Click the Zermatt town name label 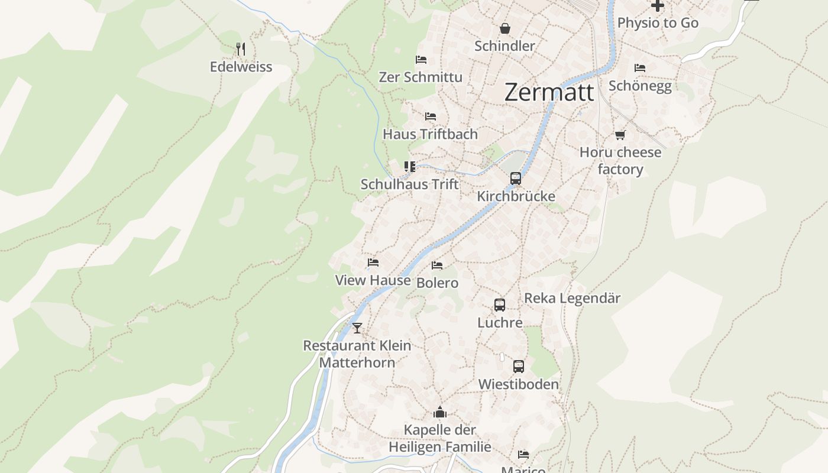[x=549, y=93]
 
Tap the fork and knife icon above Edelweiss [x=240, y=48]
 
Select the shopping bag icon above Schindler [x=505, y=28]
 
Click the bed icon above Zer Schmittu [x=421, y=60]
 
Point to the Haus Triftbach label [x=430, y=134]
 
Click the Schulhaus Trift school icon [x=409, y=167]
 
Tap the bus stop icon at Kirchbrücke [x=516, y=178]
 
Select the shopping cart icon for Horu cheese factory [x=620, y=135]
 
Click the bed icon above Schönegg [x=639, y=68]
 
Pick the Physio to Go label [x=658, y=23]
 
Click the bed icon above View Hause [x=373, y=263]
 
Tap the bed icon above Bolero [x=437, y=265]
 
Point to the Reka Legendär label [x=572, y=299]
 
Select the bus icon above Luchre [x=500, y=305]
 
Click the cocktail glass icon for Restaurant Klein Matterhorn [x=357, y=328]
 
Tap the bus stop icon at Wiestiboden [x=518, y=367]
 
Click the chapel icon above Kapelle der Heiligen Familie [x=439, y=412]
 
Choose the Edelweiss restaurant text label [x=241, y=67]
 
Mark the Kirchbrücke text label [x=516, y=196]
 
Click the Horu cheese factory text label [x=620, y=161]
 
